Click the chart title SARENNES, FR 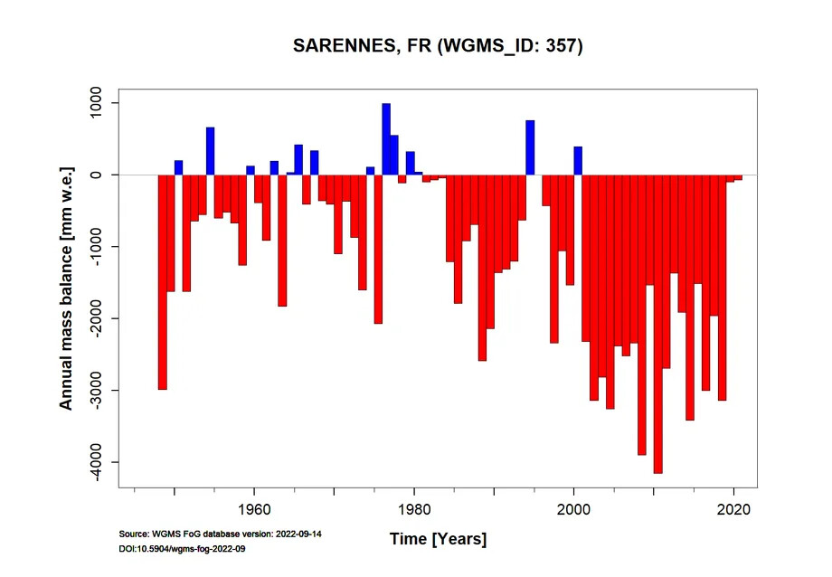(x=438, y=46)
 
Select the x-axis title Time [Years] (x=438, y=539)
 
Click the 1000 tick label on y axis (x=96, y=103)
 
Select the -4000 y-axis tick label (x=96, y=462)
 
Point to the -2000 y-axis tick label (x=96, y=318)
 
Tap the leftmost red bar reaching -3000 (x=163, y=282)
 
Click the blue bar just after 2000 (x=578, y=160)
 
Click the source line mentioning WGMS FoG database (x=220, y=534)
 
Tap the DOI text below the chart (x=183, y=549)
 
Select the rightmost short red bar (x=738, y=177)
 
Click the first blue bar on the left (x=179, y=167)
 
